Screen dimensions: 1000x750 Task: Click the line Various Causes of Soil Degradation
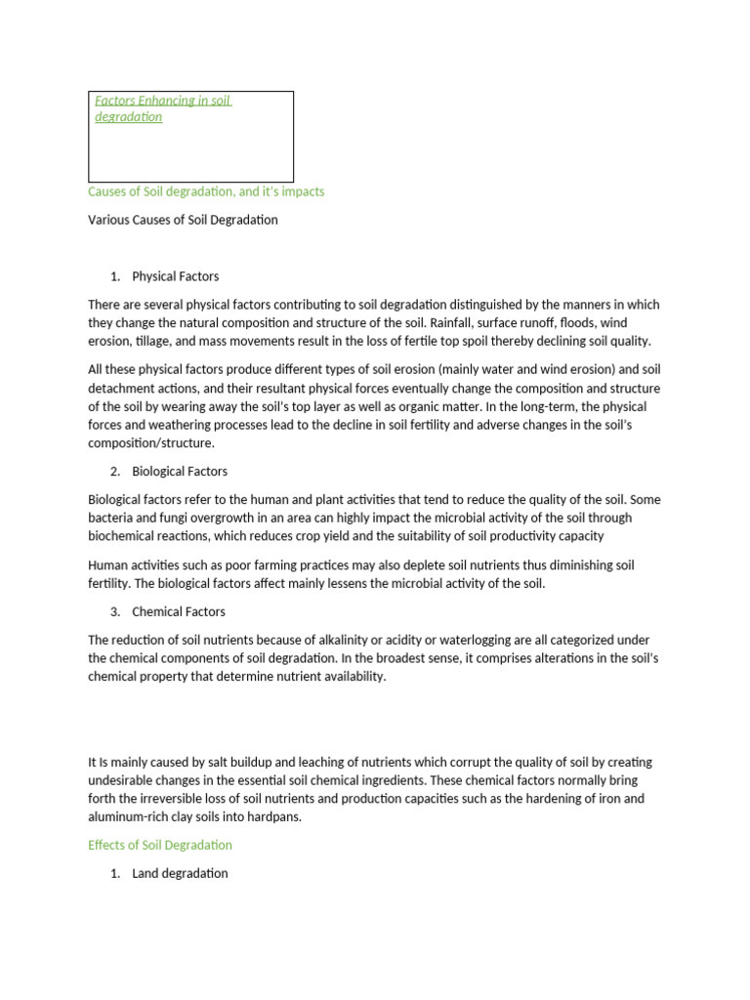click(183, 220)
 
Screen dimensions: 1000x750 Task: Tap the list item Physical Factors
click(176, 276)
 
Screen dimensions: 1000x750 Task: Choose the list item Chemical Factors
click(179, 611)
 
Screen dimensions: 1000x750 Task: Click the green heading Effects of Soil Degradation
click(160, 845)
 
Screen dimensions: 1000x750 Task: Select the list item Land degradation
click(180, 873)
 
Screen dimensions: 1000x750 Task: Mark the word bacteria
click(111, 518)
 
